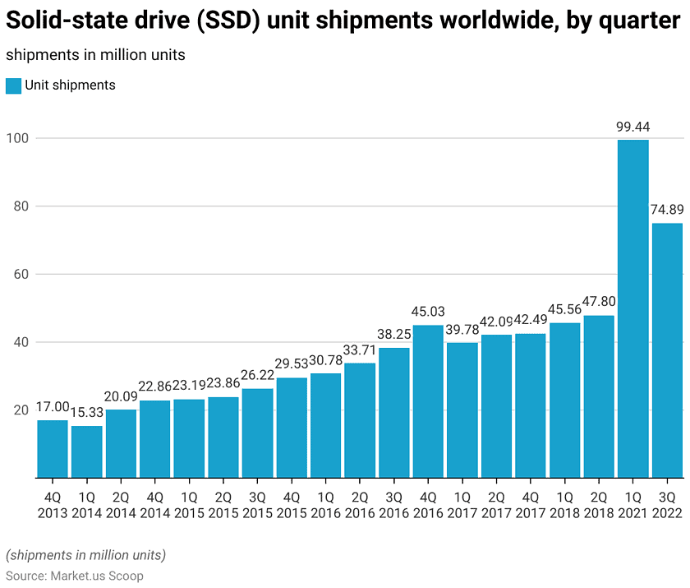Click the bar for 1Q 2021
tap(633, 308)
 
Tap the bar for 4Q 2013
tap(53, 448)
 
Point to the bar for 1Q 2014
tap(86, 451)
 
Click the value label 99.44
tap(633, 127)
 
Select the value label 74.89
tap(667, 211)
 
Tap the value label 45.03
tap(428, 313)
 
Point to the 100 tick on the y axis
tap(19, 138)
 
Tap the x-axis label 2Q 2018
tap(599, 505)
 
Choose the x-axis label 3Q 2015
tap(257, 505)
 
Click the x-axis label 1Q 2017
tap(462, 505)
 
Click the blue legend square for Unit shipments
tap(13, 86)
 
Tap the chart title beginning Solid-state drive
tap(343, 22)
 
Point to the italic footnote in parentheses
tap(85, 555)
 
